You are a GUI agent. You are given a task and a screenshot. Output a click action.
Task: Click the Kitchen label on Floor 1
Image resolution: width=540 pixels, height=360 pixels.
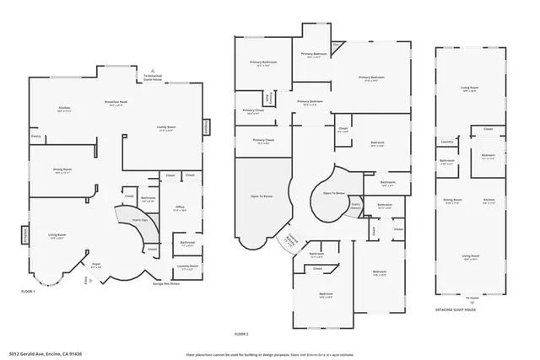coord(64,108)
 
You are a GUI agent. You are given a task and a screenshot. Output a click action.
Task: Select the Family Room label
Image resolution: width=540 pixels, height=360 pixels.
coord(165,127)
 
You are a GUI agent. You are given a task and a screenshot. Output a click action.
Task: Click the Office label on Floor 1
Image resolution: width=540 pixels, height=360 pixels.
coord(180,207)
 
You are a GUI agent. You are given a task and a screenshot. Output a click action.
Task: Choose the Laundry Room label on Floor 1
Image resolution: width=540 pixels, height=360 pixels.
coord(187,266)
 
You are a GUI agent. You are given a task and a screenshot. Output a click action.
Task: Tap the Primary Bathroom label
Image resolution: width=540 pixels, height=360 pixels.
coord(263,62)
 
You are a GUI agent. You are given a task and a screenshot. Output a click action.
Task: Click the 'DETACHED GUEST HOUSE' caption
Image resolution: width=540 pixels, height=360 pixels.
coord(456,309)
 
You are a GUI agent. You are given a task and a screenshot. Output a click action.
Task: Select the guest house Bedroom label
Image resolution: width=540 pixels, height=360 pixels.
coord(489,155)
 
